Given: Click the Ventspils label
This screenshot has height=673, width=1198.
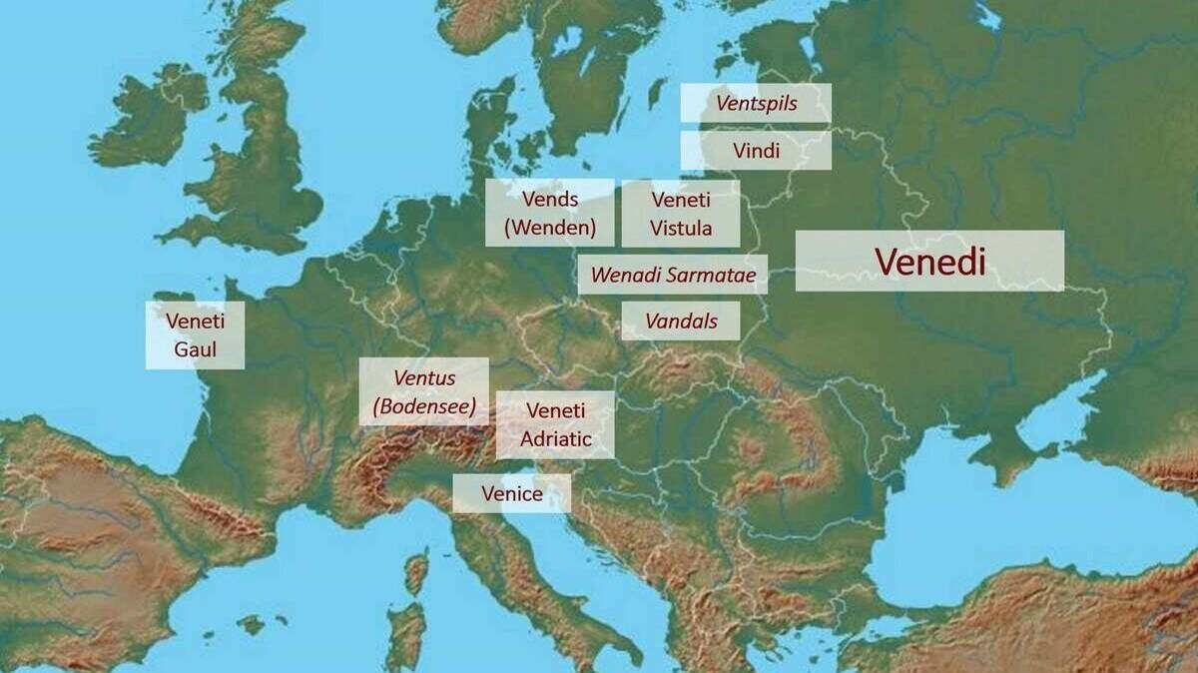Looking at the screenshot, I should [x=756, y=103].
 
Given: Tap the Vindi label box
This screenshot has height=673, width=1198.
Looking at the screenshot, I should [x=756, y=151].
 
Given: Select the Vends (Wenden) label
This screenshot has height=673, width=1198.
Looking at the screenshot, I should [x=550, y=213].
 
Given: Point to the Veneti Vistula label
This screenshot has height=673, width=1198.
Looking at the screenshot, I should [x=681, y=213].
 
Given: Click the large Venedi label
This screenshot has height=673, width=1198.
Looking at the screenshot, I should [x=929, y=261].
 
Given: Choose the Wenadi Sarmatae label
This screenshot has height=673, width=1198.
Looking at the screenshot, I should [x=673, y=275].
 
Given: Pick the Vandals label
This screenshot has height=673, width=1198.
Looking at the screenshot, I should [x=681, y=322].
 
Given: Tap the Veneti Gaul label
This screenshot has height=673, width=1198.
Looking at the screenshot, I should [x=195, y=336].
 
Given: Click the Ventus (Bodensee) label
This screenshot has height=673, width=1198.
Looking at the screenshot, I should [x=424, y=391].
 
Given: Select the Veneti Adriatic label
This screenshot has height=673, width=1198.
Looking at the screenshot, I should [x=555, y=424].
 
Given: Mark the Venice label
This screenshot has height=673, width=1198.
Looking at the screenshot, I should [x=511, y=493].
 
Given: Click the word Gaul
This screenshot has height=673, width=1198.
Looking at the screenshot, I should [x=195, y=350].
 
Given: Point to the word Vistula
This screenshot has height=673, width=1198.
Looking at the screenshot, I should [x=681, y=228].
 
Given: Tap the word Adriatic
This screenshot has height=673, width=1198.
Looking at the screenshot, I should [x=555, y=439].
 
